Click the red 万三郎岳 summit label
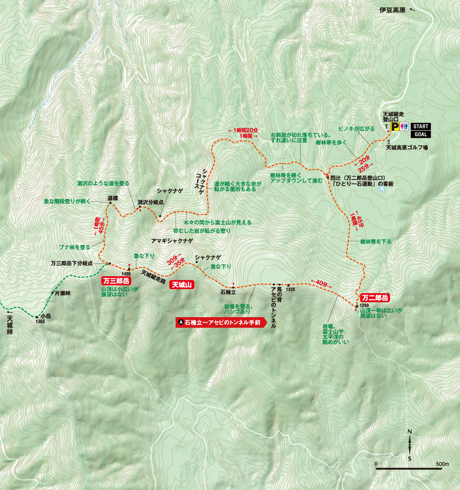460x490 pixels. coord(117,280)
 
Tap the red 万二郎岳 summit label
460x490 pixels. coord(374,297)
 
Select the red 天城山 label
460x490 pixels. coord(182,285)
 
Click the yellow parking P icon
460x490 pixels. coord(395,126)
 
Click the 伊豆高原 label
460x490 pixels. coord(392,10)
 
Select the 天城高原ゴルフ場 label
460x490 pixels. coord(407,148)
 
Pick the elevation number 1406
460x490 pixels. coord(130,273)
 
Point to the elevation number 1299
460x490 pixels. coord(364,305)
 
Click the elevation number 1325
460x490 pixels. coord(289,290)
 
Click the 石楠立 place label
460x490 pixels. coord(228,291)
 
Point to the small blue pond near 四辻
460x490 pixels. coord(381,188)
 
